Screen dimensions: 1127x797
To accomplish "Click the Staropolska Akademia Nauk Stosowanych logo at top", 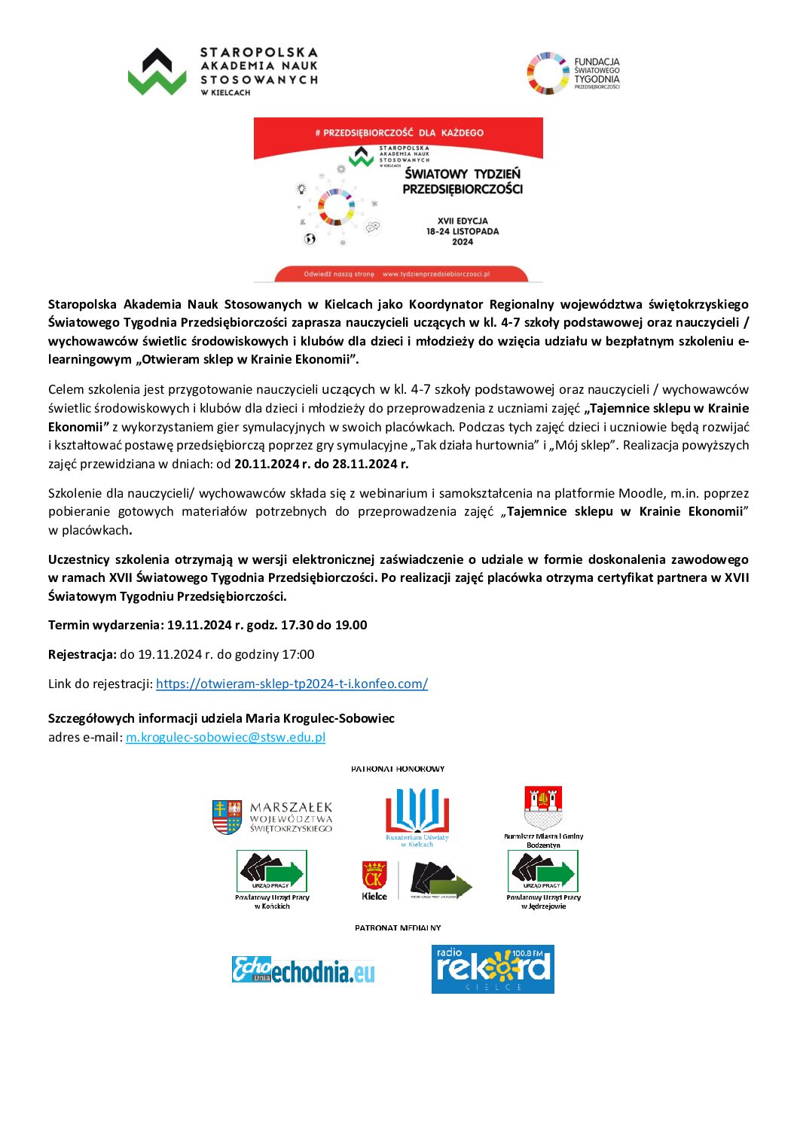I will [x=222, y=72].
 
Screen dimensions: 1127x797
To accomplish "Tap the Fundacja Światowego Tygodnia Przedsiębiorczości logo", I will [x=573, y=73].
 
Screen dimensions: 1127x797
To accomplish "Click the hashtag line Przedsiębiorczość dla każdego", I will [x=398, y=132].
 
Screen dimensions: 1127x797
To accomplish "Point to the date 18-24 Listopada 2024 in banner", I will [x=463, y=231].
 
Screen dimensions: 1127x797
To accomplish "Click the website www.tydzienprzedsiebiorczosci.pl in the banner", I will [x=436, y=274].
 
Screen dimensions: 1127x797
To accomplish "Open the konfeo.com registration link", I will [x=292, y=684].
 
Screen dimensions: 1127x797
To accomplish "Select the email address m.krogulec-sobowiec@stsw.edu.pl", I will [x=225, y=737].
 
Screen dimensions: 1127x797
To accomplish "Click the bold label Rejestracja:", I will [x=82, y=654].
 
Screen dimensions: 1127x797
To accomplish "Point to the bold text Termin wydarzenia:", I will [x=105, y=625].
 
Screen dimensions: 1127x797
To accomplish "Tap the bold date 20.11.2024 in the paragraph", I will [x=267, y=464].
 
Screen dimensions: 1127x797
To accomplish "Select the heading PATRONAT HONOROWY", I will [x=398, y=769].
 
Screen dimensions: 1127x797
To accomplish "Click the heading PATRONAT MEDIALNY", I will [x=398, y=927].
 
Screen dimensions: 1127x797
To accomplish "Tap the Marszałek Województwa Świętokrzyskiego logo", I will [x=272, y=818].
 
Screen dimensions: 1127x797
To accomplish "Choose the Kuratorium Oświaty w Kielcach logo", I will [x=417, y=817].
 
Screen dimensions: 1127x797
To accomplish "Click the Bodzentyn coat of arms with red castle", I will [x=543, y=808].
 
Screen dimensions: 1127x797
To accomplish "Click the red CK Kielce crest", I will [x=374, y=878].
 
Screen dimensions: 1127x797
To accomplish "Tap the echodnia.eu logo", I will [x=303, y=970].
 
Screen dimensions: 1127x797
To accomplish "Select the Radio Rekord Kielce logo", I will [x=493, y=969].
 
